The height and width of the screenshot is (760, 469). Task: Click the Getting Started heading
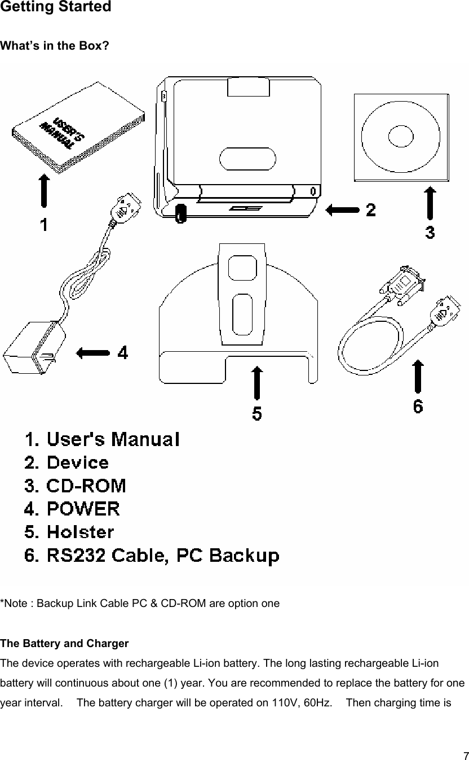[56, 7]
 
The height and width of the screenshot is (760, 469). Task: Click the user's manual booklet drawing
[79, 126]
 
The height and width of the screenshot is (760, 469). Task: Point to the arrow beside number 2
[342, 211]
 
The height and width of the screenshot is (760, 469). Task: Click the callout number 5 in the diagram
[256, 414]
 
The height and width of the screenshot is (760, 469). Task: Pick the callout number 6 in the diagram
[418, 406]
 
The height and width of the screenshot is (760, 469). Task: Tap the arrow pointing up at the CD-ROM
[430, 204]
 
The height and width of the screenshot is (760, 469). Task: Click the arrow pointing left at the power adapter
[92, 353]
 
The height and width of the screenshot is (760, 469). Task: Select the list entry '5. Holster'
[69, 532]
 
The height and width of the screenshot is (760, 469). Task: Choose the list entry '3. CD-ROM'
[75, 486]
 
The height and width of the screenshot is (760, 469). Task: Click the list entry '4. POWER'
[72, 509]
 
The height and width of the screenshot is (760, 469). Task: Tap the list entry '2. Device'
[67, 462]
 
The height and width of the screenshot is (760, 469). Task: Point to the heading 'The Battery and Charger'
[64, 644]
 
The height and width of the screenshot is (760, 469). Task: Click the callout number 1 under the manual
[43, 225]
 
